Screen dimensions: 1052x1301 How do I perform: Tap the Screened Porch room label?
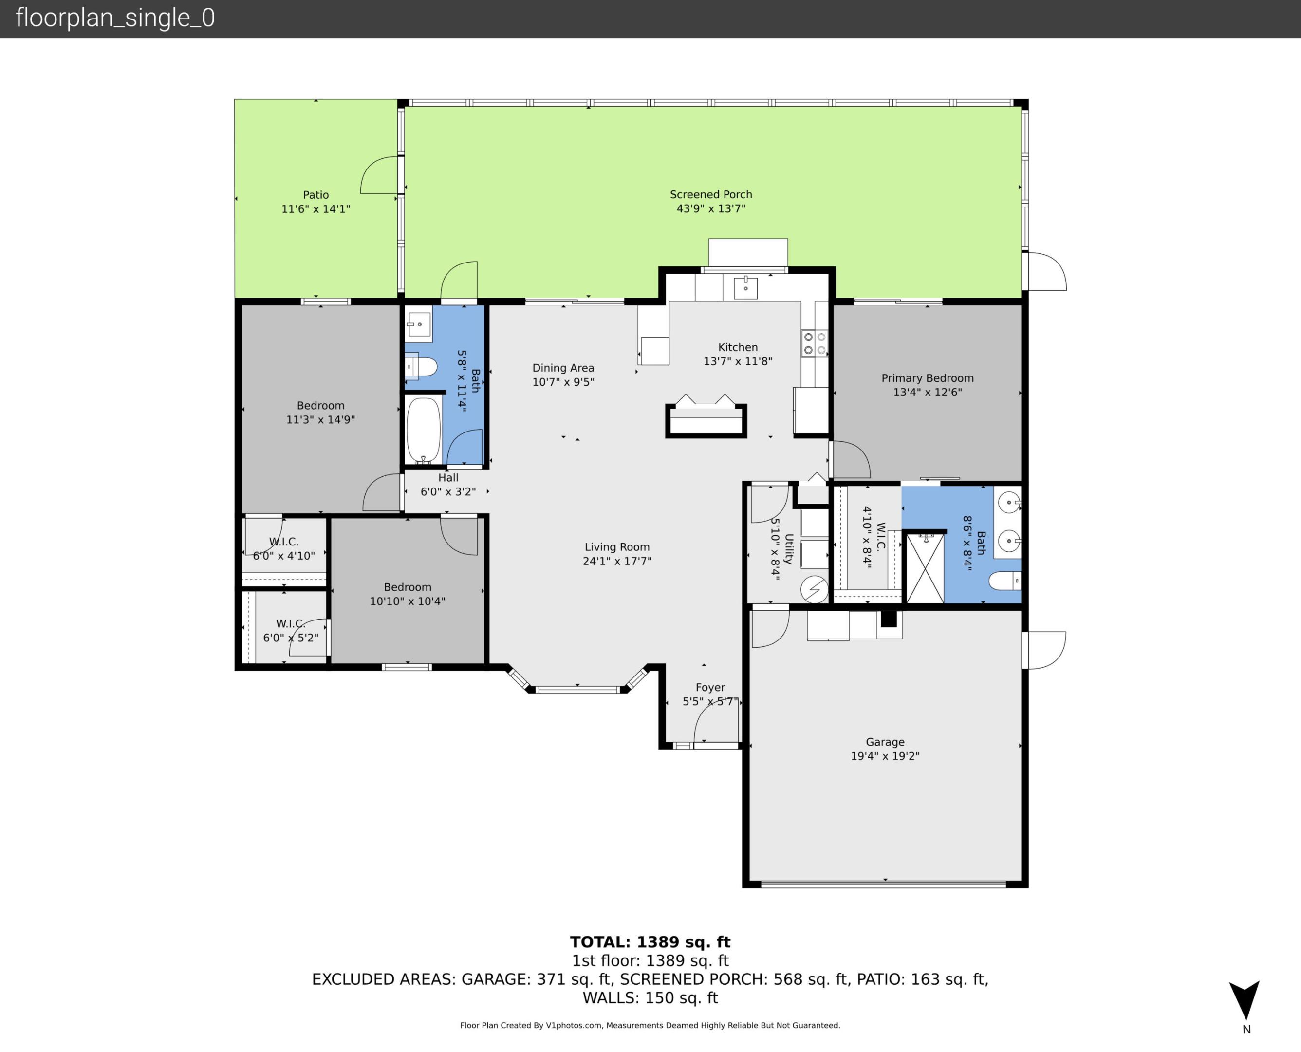pos(710,194)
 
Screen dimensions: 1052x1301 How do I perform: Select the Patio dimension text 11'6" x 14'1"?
pos(316,209)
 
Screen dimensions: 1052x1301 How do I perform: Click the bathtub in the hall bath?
pos(424,430)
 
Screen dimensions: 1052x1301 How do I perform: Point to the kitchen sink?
pos(745,288)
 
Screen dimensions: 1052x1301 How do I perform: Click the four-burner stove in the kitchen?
pos(815,343)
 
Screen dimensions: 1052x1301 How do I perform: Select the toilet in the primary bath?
pos(1004,581)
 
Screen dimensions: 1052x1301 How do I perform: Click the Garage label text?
pos(885,742)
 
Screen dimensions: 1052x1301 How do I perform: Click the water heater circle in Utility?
pos(814,588)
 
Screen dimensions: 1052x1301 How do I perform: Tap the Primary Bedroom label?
pos(927,378)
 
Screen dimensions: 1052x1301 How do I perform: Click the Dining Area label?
pos(563,368)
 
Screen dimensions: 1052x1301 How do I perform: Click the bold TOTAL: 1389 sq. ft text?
pos(650,942)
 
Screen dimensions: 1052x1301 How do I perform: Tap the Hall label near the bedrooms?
pos(448,477)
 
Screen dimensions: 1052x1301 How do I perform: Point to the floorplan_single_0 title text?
pos(115,18)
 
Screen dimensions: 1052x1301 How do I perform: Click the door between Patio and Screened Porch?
pos(380,176)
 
